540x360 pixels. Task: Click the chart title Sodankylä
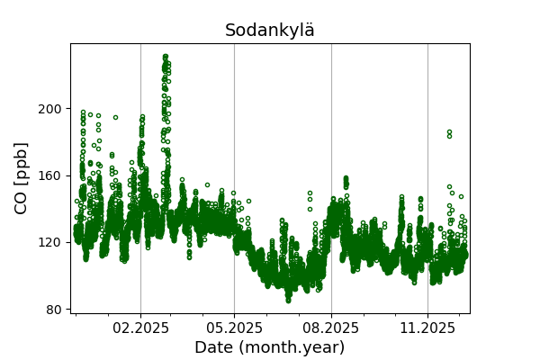(x=270, y=31)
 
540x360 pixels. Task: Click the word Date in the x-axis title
(x=213, y=347)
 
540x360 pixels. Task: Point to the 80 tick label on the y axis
(x=55, y=309)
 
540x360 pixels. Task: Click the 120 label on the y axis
(x=51, y=242)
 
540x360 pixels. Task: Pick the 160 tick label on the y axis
(x=51, y=175)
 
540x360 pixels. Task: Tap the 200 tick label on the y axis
(x=51, y=109)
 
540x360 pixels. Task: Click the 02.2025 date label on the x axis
(x=140, y=328)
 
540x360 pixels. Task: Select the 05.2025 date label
(x=234, y=328)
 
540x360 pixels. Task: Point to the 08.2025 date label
(x=331, y=328)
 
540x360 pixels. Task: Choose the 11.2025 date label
(x=427, y=328)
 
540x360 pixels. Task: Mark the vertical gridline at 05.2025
(x=234, y=81)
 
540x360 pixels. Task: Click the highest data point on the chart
(x=166, y=56)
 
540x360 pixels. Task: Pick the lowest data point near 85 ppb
(x=288, y=300)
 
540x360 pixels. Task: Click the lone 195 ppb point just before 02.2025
(x=115, y=117)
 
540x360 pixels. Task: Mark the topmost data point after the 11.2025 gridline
(x=449, y=132)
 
